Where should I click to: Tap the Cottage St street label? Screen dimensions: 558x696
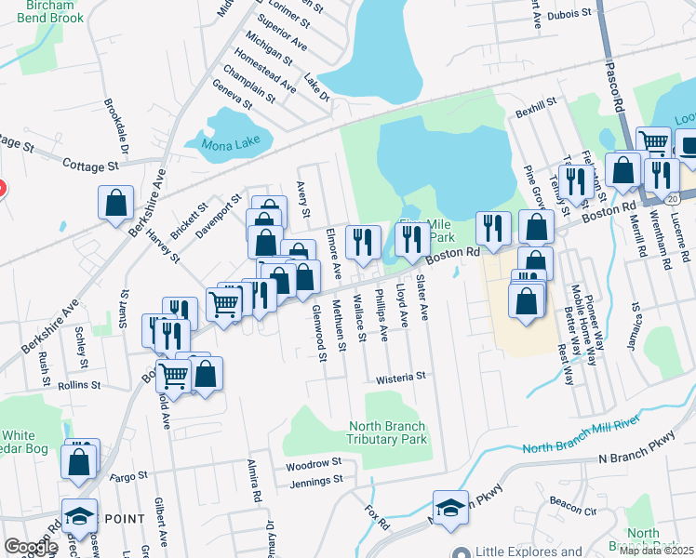point(91,166)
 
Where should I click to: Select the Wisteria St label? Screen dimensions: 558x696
point(400,378)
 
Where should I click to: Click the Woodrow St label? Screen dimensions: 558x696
point(315,461)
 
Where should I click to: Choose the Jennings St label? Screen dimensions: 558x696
point(312,481)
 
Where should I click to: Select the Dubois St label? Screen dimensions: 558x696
point(568,14)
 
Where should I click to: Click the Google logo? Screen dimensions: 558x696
point(31,547)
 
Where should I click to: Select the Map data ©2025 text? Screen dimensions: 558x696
point(657,551)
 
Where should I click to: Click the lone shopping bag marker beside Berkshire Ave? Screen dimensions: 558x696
point(116,203)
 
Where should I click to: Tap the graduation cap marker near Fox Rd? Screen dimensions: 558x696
point(450,507)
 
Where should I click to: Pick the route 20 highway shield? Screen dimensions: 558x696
point(685,198)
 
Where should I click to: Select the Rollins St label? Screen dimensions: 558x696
point(78,385)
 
